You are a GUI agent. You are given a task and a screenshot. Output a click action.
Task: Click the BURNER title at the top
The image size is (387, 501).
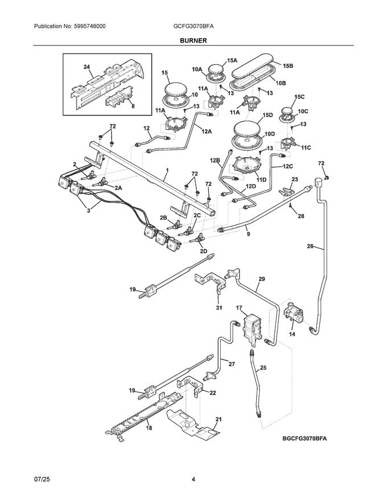point(193,41)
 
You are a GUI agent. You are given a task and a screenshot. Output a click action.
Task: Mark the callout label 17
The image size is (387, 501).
point(239,308)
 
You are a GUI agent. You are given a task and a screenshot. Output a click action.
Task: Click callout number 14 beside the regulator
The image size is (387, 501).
point(292,335)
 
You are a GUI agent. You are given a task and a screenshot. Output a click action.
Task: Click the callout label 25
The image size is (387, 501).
point(263,368)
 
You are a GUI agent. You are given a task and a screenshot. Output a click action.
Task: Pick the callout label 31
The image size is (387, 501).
point(219,308)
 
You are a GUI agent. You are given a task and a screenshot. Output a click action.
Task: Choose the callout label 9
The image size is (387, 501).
point(248,233)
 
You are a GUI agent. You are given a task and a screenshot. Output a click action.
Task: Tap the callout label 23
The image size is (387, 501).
point(294,179)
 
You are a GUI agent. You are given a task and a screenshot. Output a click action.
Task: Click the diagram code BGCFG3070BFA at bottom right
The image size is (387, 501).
point(306,439)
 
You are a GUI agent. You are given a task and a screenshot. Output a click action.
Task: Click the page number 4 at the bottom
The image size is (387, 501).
point(193,479)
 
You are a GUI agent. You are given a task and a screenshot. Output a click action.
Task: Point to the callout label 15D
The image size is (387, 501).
point(267,116)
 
